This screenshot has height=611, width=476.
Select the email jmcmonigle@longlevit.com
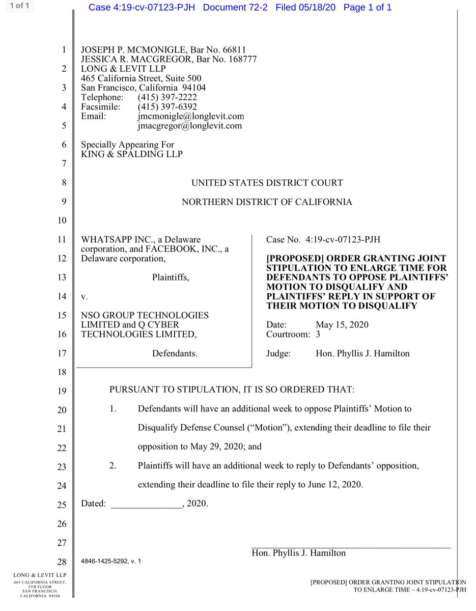(190, 116)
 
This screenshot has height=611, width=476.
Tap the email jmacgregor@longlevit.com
(189, 125)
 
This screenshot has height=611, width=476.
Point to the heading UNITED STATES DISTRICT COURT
(267, 183)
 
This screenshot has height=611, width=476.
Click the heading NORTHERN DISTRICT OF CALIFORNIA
(267, 202)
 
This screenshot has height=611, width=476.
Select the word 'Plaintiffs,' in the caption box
(171, 277)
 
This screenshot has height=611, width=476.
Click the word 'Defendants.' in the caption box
(175, 353)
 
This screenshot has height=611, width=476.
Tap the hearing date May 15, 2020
(342, 325)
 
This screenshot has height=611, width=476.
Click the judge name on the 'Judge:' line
(362, 353)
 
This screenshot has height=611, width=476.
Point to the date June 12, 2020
(334, 485)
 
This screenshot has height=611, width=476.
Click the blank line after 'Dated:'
(146, 504)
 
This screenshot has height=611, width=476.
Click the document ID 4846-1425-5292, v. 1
(111, 561)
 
